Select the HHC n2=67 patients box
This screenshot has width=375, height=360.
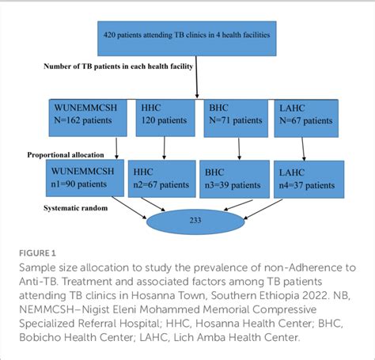tap(164, 177)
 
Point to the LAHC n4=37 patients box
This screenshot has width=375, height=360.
tap(309, 177)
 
